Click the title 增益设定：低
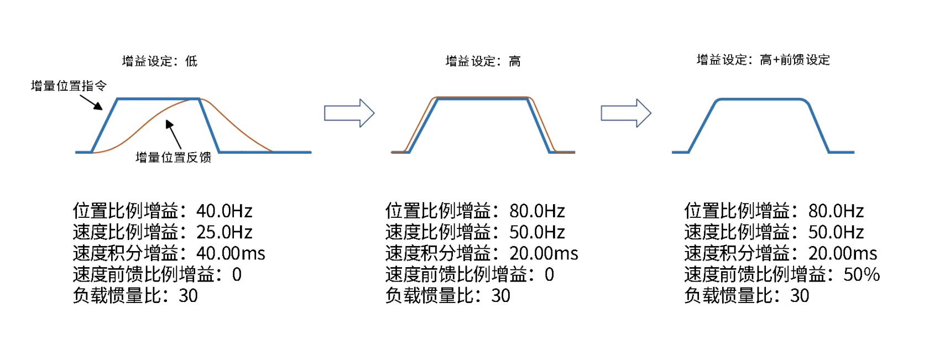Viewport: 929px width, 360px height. click(159, 61)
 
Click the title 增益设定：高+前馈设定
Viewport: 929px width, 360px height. click(763, 60)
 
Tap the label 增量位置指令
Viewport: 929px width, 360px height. click(69, 86)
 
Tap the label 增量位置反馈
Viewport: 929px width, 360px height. click(173, 158)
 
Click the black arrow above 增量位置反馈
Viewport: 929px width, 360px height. click(173, 134)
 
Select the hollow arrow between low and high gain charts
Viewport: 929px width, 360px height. click(349, 113)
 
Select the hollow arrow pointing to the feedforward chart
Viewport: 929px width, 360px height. click(626, 113)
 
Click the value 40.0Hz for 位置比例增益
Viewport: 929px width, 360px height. click(224, 211)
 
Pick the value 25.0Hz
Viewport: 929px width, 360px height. click(224, 232)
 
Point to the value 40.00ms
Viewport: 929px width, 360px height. click(231, 253)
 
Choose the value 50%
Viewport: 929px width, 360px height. click(861, 274)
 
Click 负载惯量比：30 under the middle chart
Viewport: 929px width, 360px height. click(447, 296)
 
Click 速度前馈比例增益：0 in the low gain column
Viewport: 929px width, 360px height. click(157, 274)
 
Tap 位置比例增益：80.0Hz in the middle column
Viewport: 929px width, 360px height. click(475, 211)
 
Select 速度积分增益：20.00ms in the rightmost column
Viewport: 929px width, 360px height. click(780, 253)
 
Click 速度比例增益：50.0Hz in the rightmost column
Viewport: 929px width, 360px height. click(774, 232)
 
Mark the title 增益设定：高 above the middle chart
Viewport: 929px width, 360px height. click(483, 61)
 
